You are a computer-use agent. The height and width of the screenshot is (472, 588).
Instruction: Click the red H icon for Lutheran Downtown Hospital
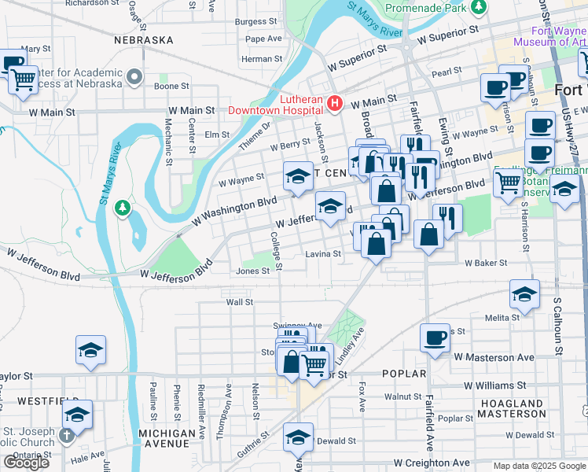coord(335,104)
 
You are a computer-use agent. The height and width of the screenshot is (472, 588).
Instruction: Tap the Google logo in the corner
coord(26,462)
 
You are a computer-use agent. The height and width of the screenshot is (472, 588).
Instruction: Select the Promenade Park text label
coord(424,9)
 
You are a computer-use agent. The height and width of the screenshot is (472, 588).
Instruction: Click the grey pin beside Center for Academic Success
coord(135,78)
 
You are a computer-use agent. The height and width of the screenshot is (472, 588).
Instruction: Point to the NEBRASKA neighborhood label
coord(143,39)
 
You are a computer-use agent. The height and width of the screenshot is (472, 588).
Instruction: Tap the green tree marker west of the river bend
coord(121,208)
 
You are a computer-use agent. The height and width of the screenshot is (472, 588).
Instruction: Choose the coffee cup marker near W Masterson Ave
coord(435,338)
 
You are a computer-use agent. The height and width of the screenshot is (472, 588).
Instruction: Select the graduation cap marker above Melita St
coord(524,294)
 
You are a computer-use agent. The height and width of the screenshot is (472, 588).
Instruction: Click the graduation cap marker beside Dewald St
coord(298,437)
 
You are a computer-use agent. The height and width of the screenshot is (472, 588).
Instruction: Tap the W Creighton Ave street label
coord(432,463)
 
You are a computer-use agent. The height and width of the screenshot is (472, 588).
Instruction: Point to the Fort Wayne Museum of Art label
coord(549,36)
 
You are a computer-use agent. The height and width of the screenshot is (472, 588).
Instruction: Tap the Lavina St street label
coord(323,255)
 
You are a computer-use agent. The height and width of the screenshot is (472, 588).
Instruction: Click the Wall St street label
coord(239,301)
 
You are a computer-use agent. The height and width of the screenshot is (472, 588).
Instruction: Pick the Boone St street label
coord(171,86)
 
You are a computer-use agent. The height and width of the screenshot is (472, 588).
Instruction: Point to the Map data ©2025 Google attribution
coord(538,466)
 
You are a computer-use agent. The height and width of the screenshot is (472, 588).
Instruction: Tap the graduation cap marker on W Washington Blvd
coord(298,178)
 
